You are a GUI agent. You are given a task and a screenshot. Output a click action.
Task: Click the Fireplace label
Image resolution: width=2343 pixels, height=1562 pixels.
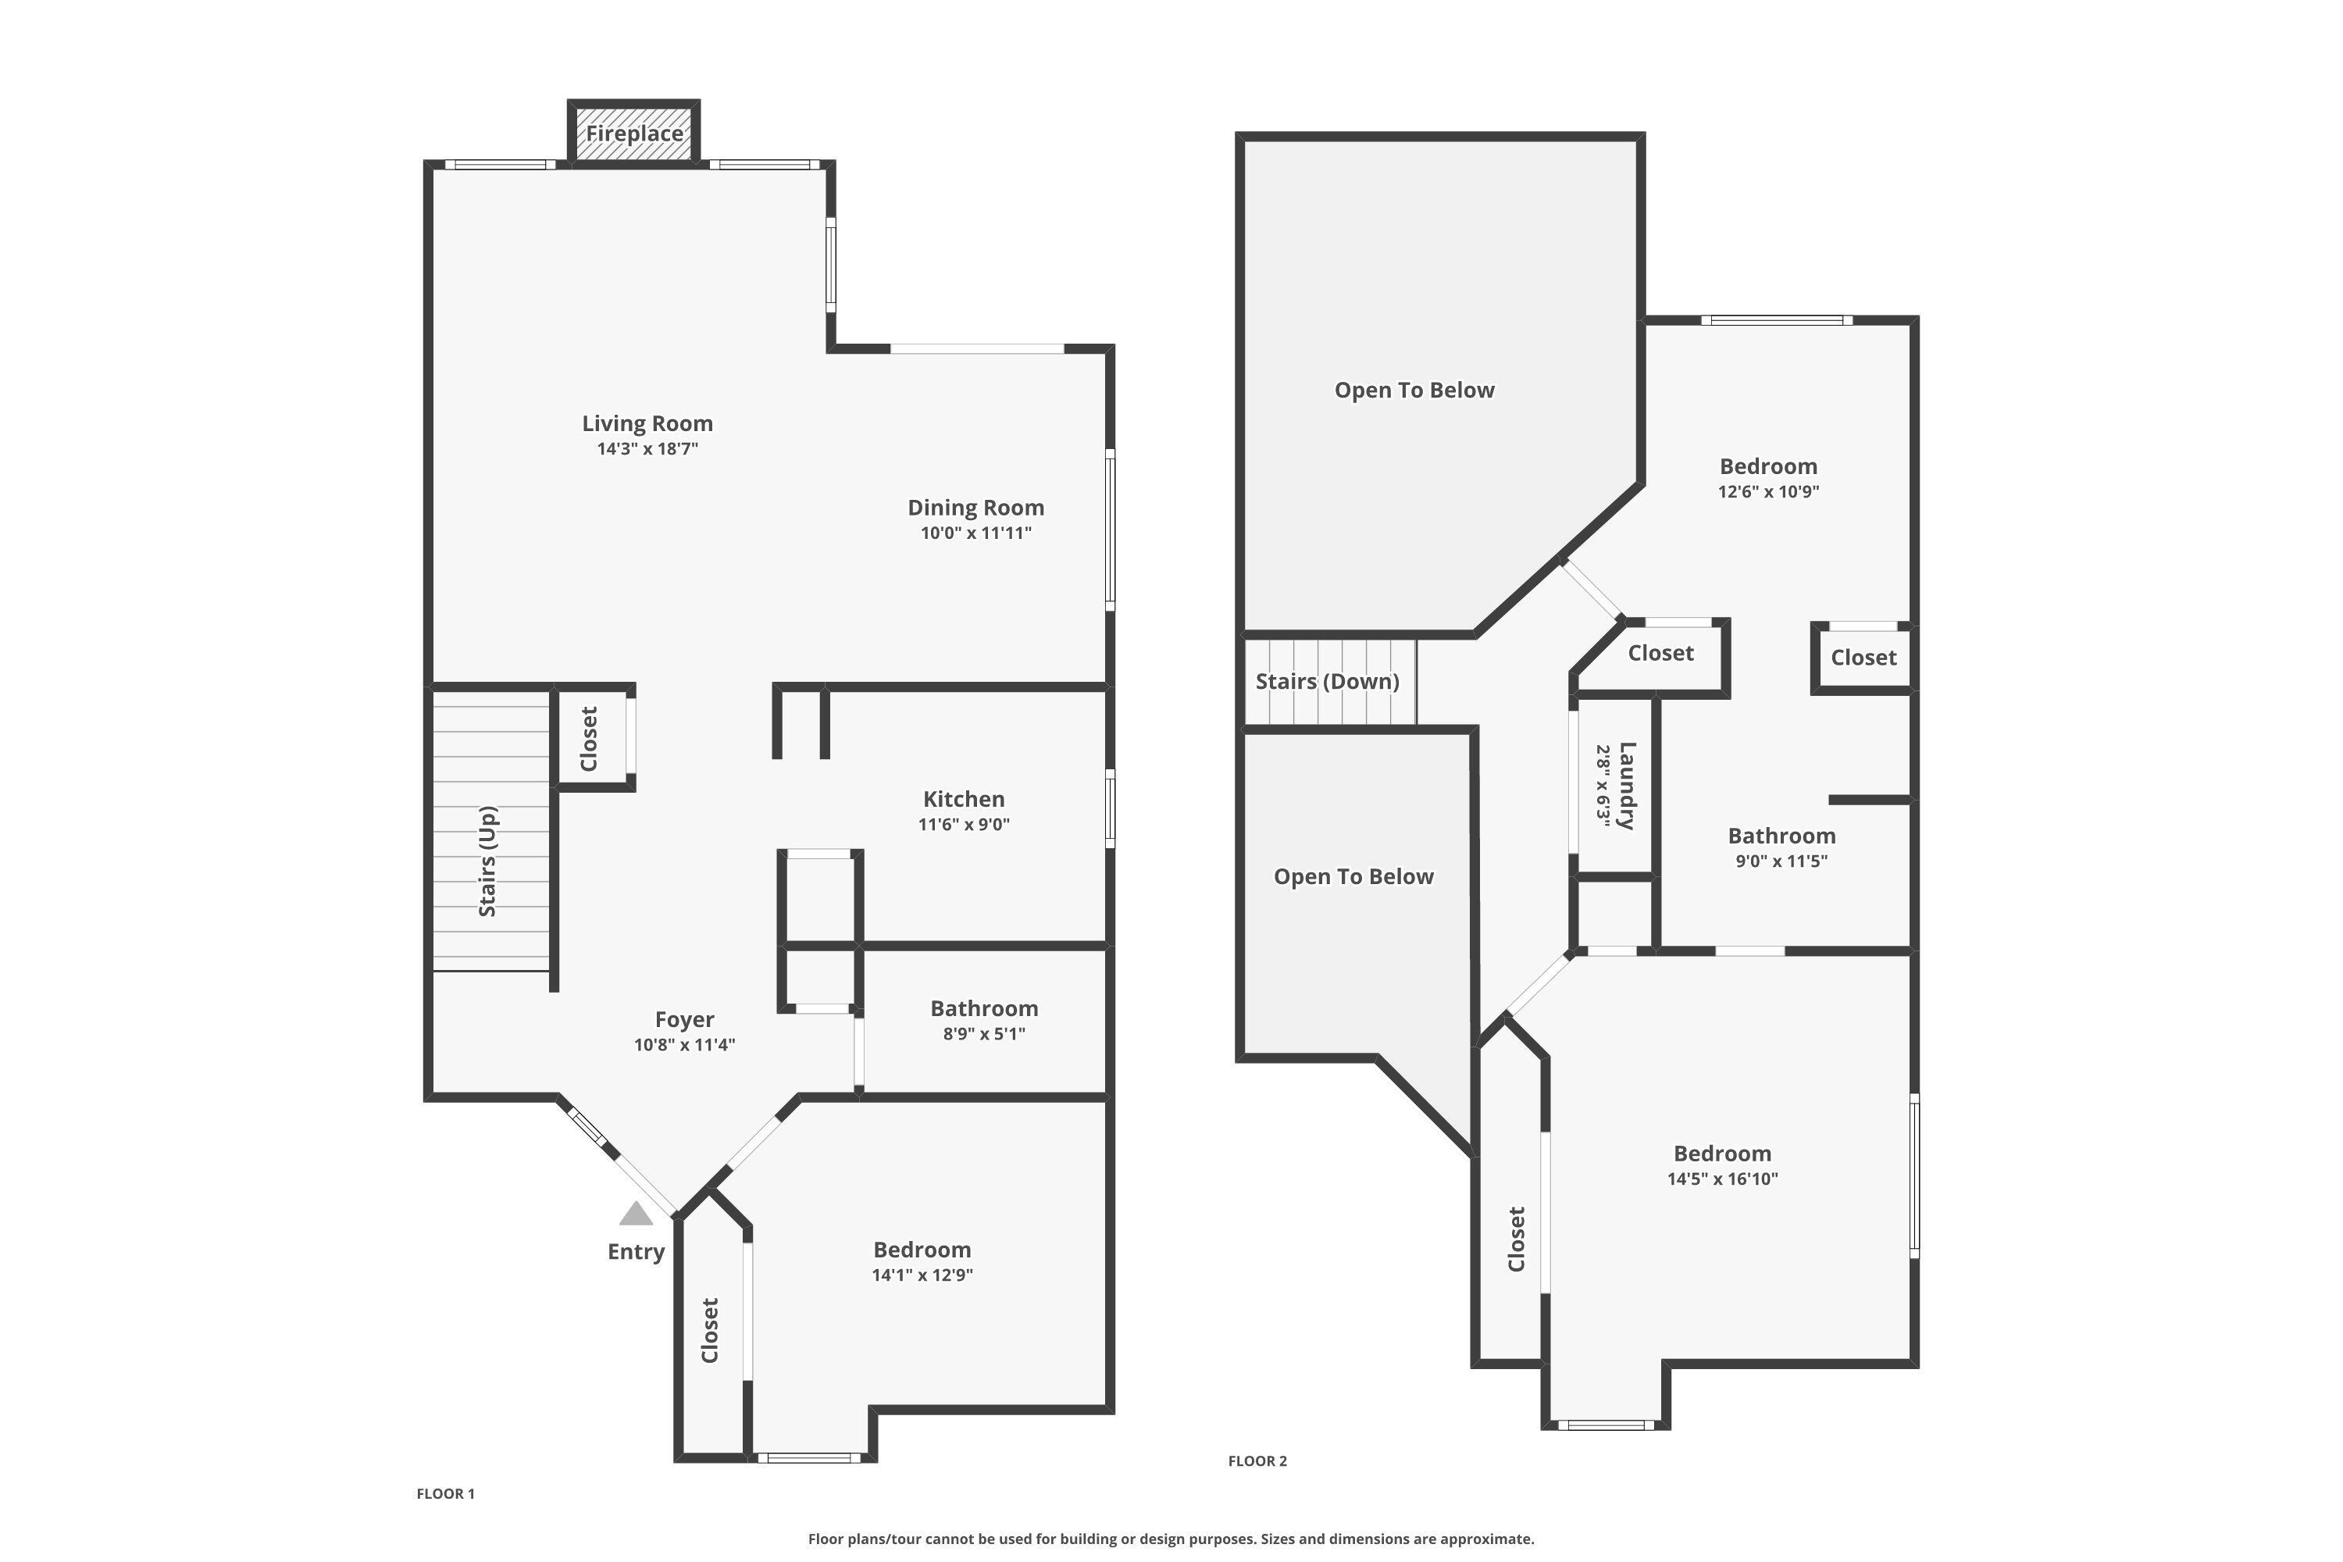(x=633, y=134)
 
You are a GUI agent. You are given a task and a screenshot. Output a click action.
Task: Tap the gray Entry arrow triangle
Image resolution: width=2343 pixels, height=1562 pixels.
(x=636, y=1214)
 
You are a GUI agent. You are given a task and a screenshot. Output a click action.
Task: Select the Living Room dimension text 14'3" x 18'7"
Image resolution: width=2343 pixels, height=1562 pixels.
(x=647, y=449)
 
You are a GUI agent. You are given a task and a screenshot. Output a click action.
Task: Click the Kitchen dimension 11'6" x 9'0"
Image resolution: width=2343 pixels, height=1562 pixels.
(x=963, y=825)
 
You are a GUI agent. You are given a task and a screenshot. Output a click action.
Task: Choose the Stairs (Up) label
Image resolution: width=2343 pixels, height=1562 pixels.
(x=487, y=861)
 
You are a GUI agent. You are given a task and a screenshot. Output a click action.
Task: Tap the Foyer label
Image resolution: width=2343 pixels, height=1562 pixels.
(x=684, y=1019)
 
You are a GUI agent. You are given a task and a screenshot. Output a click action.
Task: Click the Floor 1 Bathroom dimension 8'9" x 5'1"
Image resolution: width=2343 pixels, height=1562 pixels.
(x=983, y=1034)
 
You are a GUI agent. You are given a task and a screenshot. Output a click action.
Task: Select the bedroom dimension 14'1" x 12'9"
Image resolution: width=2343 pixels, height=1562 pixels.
(x=922, y=1275)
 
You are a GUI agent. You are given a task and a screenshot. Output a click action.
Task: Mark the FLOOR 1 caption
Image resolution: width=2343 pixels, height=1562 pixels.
(x=445, y=1493)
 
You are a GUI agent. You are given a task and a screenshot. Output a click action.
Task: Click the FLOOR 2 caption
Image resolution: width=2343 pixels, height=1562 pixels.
(x=1257, y=1460)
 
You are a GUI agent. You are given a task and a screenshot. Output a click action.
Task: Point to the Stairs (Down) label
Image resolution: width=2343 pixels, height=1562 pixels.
(x=1327, y=681)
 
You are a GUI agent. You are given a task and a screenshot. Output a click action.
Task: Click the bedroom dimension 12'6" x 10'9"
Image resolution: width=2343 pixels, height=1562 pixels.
(x=1768, y=492)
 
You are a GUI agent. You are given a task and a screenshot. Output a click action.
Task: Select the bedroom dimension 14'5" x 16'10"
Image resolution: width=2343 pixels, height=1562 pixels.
(x=1722, y=1179)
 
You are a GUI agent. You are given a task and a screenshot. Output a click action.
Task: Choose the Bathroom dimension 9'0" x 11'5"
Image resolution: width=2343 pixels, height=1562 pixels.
(x=1781, y=861)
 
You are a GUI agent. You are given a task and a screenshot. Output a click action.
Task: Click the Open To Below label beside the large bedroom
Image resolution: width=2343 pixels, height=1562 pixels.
(x=1353, y=876)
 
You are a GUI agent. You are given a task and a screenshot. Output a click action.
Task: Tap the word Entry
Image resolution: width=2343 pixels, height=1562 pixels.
(x=636, y=1252)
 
